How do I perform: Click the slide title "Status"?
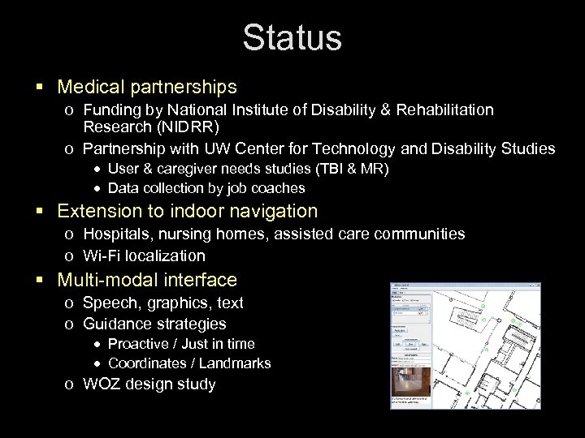(x=292, y=38)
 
